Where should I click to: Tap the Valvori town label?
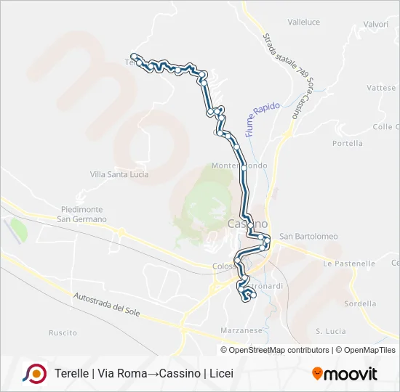coord(376,24)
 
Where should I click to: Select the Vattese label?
coord(382,88)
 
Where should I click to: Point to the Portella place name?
coord(348,143)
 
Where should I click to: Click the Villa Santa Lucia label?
coord(119,174)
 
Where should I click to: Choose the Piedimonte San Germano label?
coord(82,214)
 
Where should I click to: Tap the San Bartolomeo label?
coord(309,236)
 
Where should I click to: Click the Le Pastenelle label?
coord(350,264)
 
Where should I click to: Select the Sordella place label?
coord(360,303)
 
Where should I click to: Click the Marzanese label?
coord(241,330)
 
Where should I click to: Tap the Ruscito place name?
coord(63,332)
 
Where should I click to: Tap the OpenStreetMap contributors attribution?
coord(279,350)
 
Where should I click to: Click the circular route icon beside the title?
coord(34,373)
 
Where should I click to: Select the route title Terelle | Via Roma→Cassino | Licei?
coord(144,374)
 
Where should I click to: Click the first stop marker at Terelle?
coord(133,56)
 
